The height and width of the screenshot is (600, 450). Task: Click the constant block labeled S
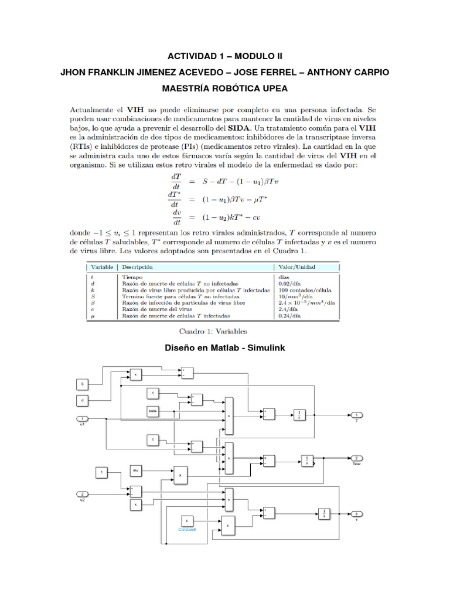(x=83, y=384)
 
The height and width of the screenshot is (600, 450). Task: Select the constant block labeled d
(x=83, y=401)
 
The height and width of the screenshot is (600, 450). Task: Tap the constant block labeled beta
(x=154, y=412)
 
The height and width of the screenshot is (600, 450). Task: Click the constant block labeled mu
(x=136, y=470)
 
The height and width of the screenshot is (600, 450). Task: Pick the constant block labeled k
(x=136, y=503)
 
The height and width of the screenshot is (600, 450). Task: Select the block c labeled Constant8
(x=187, y=520)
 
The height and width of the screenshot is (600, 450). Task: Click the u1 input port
(x=83, y=418)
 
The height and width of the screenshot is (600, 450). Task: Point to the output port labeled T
(x=357, y=415)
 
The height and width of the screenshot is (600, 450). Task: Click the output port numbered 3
(x=357, y=513)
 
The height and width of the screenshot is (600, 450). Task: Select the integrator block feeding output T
(x=299, y=415)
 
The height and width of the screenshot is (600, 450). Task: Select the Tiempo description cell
(x=133, y=275)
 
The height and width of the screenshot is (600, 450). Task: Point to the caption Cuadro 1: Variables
(x=224, y=331)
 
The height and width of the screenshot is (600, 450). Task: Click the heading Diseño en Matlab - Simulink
(x=225, y=349)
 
